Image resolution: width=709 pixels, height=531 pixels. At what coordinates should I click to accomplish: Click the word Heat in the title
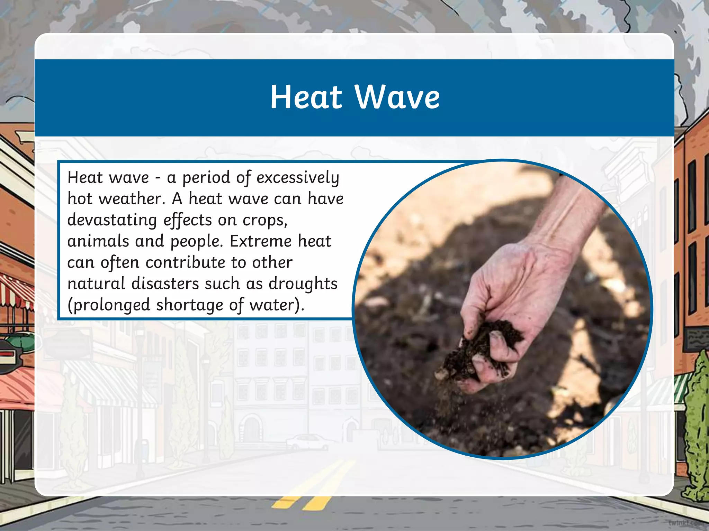(x=306, y=97)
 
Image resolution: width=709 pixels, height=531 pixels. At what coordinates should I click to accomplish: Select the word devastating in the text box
(x=112, y=220)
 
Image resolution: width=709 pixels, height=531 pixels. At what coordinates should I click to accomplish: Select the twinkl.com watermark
(x=687, y=522)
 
